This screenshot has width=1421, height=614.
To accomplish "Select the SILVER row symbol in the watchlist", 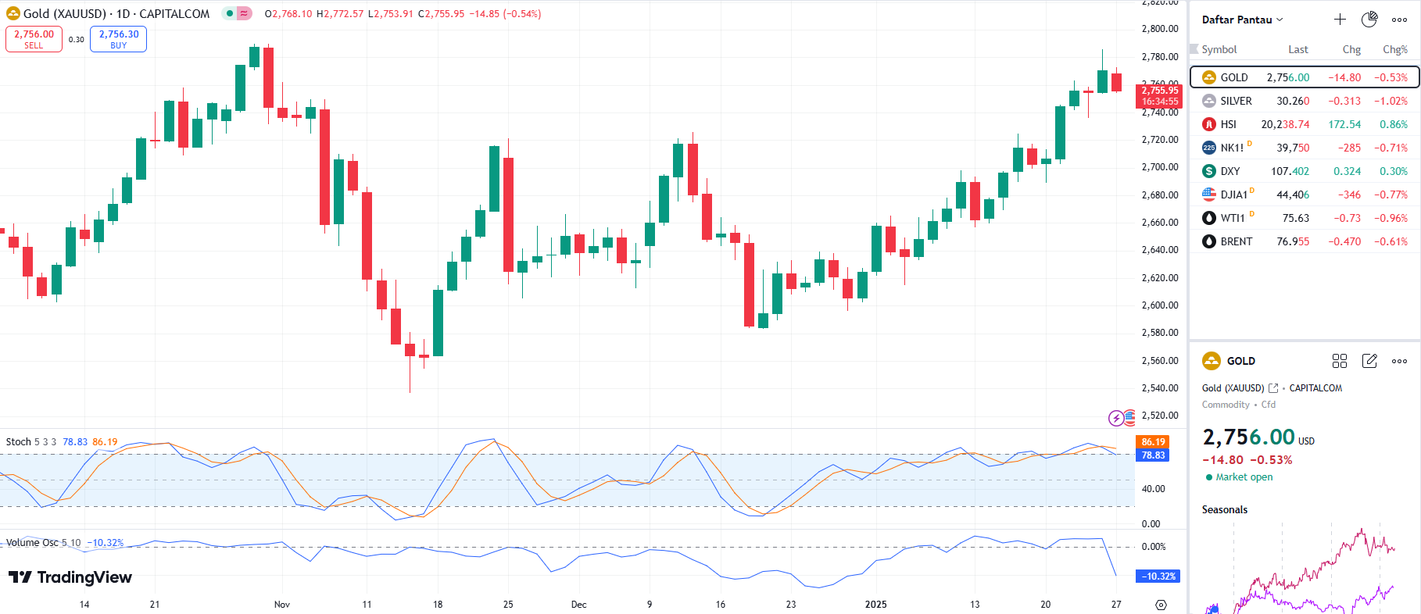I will coord(1236,101).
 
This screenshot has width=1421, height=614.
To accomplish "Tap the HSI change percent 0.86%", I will coord(1393,124).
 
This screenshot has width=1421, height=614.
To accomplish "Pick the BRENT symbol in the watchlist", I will coord(1236,241).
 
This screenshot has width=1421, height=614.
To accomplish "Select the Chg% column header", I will coord(1394,49).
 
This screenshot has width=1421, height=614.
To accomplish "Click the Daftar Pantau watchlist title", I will coord(1237,20).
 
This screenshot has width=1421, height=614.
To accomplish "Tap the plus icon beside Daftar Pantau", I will coord(1340,20).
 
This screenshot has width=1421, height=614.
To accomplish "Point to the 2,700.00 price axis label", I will coord(1160,167).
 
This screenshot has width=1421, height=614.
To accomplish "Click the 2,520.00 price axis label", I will coord(1160,416).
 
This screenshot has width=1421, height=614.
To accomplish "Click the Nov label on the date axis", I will coord(282,605).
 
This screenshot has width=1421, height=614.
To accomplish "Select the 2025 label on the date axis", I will coord(875,605).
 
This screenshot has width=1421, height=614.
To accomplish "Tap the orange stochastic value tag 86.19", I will coord(1153,442).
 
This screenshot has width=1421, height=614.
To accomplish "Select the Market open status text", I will coord(1244,477).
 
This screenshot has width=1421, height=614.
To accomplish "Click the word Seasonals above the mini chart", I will coord(1224,510).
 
